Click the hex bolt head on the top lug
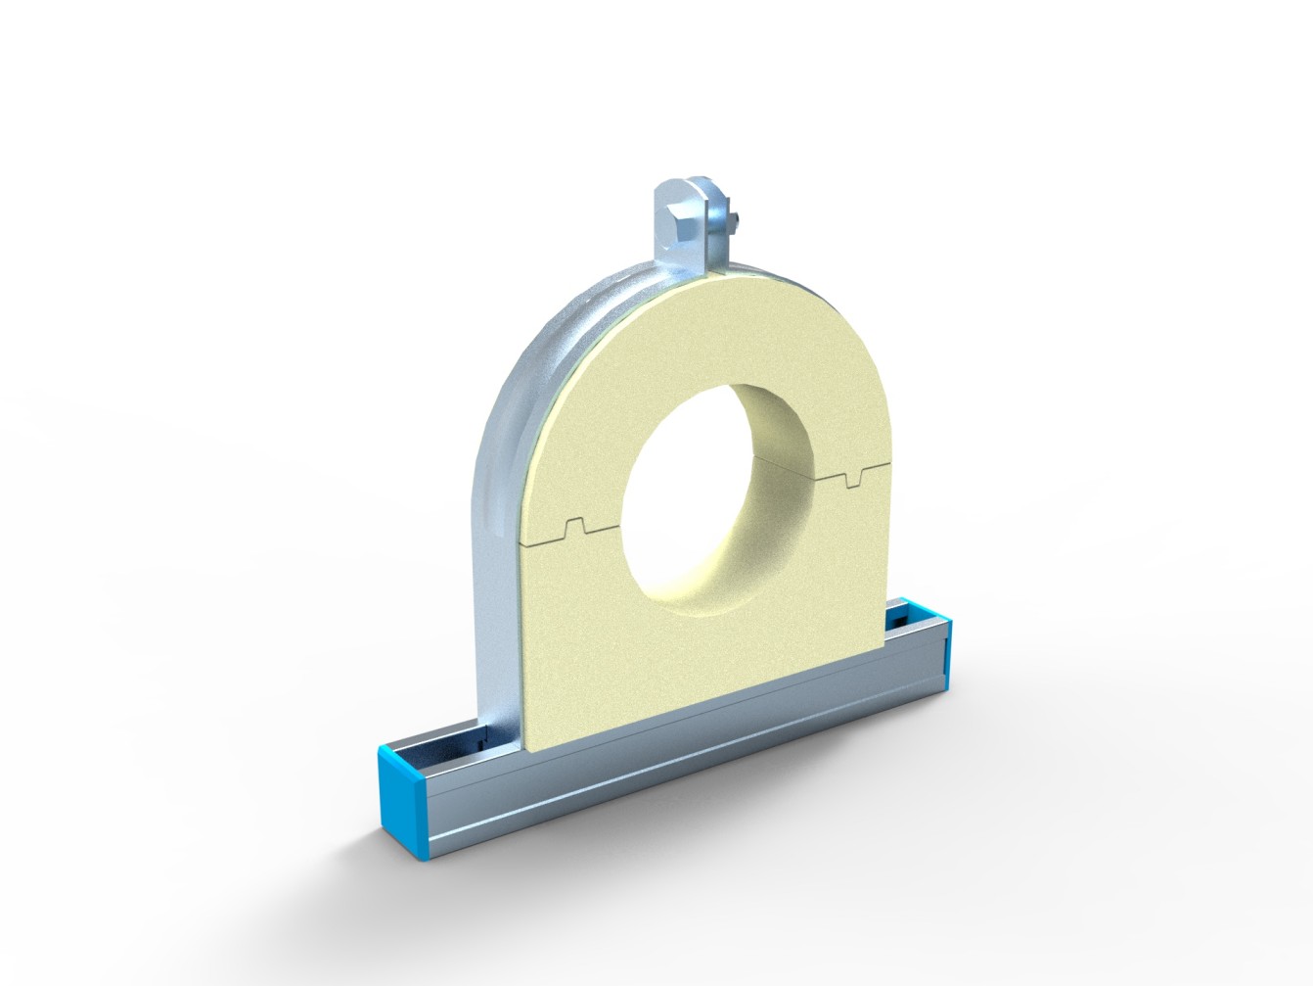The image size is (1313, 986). tap(682, 220)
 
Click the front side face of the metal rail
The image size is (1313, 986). tap(685, 744)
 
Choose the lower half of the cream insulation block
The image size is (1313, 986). tap(587, 636)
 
